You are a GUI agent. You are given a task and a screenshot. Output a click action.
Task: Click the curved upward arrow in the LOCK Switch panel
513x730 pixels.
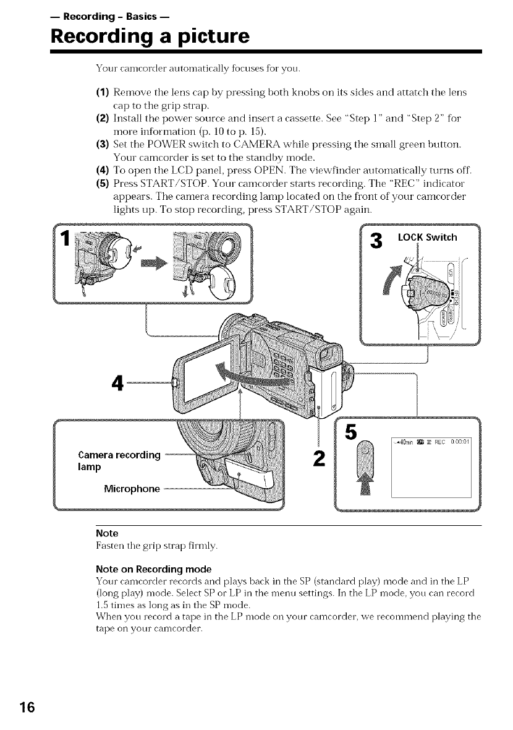391,272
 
